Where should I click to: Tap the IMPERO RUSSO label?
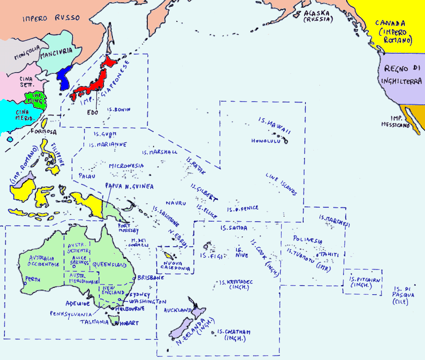51,18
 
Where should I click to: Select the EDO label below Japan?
93,112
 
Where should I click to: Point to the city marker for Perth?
23,283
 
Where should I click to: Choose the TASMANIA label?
94,321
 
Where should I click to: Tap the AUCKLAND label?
178,310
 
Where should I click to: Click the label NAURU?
176,203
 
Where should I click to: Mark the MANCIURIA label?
56,56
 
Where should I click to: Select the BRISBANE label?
151,278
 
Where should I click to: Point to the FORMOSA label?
44,132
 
